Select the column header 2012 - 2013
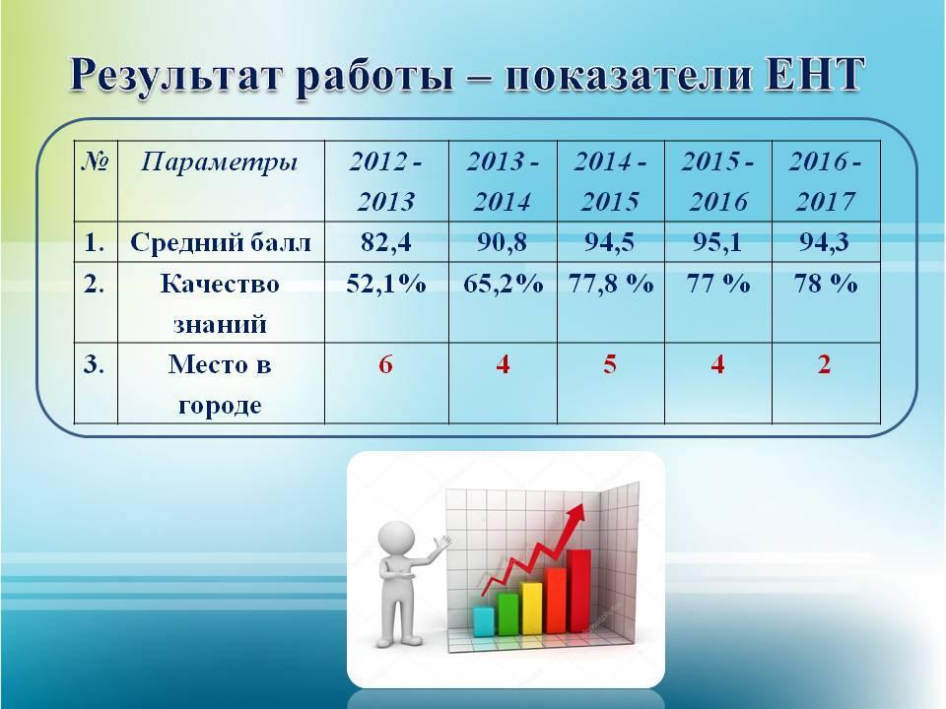tap(386, 181)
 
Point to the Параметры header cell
tap(220, 162)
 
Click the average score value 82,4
tap(386, 242)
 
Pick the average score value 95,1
tap(717, 242)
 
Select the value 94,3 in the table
tap(825, 242)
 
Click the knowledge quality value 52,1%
tap(386, 284)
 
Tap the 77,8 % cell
tap(611, 284)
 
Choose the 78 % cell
tap(826, 284)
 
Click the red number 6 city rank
tap(386, 364)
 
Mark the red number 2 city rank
tap(825, 364)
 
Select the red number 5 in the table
tap(610, 364)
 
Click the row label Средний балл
tap(221, 242)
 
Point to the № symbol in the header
tap(96, 161)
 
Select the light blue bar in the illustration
tap(483, 621)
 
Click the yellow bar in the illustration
tap(531, 608)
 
